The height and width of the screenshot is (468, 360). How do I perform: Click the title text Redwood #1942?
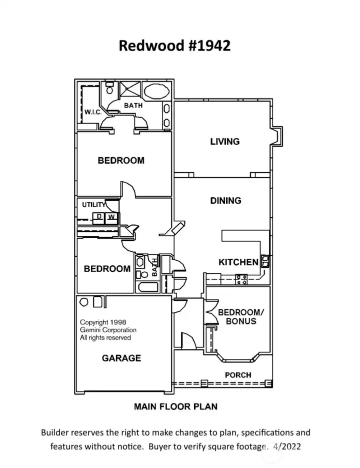[174, 46]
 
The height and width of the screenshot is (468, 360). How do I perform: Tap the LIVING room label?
[224, 142]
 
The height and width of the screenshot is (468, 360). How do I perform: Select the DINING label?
[225, 201]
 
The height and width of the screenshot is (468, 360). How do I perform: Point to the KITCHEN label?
[238, 262]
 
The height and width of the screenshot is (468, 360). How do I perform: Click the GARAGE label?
[121, 358]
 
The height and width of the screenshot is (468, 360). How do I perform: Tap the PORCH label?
[238, 375]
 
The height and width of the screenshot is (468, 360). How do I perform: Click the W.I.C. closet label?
[93, 112]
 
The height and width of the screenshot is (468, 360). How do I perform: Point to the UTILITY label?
[93, 205]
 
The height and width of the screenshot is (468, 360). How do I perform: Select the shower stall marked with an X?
[130, 91]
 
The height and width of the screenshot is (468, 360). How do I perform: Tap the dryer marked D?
[99, 217]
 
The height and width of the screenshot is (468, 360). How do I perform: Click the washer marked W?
[111, 217]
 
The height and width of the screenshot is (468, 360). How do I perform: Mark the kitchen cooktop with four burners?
[242, 279]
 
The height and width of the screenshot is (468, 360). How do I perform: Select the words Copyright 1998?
[103, 323]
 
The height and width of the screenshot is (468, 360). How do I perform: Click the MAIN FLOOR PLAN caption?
[175, 406]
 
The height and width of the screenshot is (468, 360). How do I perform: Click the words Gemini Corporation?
[108, 330]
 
